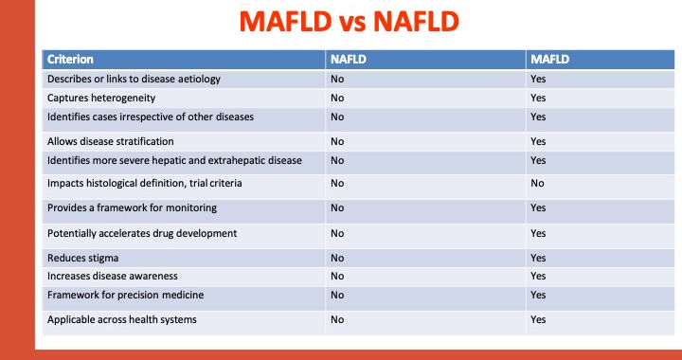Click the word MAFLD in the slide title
tap(285, 22)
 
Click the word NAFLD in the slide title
tap(416, 22)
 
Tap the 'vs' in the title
tap(351, 24)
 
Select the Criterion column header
tap(70, 59)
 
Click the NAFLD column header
tap(348, 59)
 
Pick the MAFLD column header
tap(549, 59)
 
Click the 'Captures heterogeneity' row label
tap(101, 98)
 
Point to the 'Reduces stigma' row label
tap(82, 258)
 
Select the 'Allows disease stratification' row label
tap(111, 141)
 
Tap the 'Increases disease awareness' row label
tap(112, 276)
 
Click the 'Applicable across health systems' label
tap(122, 319)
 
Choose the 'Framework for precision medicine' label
tap(125, 295)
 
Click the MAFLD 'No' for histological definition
tap(537, 183)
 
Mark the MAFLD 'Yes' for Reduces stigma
tap(538, 258)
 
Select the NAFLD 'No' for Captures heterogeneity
tap(337, 98)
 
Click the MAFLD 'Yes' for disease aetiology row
tap(538, 79)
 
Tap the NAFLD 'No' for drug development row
tap(337, 233)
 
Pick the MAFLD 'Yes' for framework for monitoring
tap(538, 207)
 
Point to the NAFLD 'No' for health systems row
tap(337, 319)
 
